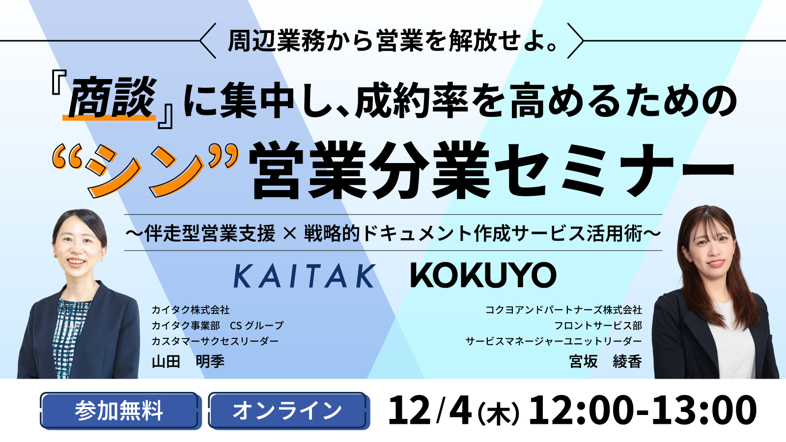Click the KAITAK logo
304,276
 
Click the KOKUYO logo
483,275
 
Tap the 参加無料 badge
119,411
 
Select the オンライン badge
287,411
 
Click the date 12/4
430,411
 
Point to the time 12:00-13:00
642,411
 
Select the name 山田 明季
188,361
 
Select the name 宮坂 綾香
605,361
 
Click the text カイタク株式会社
191,310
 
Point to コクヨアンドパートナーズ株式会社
563,310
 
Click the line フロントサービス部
598,326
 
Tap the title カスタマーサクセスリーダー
215,341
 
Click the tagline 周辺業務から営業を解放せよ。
393,41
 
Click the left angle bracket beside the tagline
208,41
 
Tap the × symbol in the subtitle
290,233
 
